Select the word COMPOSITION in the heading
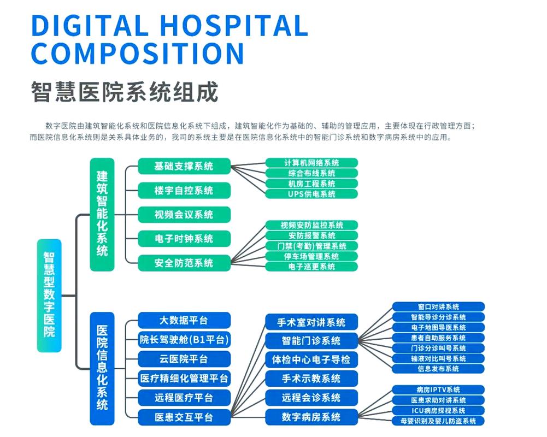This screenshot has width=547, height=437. tap(137, 54)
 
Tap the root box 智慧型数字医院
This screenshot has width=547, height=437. tap(49, 295)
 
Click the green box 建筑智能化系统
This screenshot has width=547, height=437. tap(102, 214)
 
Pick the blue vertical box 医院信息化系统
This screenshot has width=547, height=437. tap(102, 368)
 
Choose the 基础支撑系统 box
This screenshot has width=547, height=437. tap(184, 166)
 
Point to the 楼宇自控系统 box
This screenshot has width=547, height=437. tap(184, 190)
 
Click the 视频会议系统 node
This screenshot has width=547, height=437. tap(184, 215)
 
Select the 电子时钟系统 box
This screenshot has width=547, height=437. tap(184, 239)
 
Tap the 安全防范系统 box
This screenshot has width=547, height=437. tap(184, 263)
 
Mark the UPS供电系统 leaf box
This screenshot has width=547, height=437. tap(311, 194)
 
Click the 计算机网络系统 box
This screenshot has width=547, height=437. tap(311, 163)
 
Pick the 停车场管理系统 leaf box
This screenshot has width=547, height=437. tap(311, 256)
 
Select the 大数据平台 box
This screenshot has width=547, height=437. tap(184, 320)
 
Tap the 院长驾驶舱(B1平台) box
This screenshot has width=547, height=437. tap(184, 340)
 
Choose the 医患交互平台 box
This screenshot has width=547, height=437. tap(184, 417)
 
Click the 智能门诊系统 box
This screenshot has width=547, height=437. tap(311, 341)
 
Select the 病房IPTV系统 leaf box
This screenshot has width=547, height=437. tap(438, 389)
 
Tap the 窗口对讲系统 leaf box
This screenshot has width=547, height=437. tap(438, 307)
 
